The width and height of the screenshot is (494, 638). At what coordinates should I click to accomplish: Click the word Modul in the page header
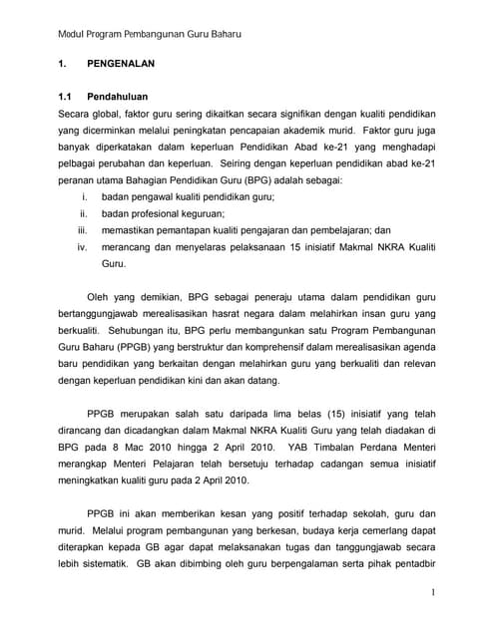72,34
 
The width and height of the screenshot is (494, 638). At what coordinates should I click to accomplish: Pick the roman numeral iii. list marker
84,228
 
